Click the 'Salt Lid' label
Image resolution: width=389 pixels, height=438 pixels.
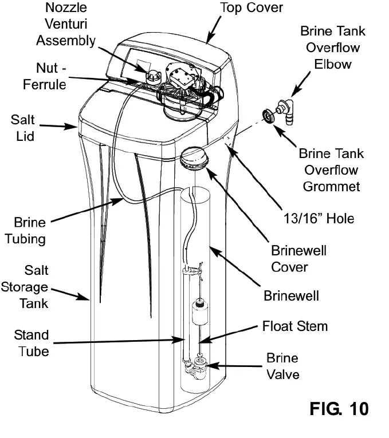(x=23, y=128)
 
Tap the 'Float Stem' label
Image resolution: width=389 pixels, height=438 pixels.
(x=295, y=326)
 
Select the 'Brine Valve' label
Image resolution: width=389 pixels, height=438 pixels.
(x=282, y=366)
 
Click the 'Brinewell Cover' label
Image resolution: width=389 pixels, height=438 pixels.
(x=298, y=259)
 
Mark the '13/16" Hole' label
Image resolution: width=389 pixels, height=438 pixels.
(x=320, y=218)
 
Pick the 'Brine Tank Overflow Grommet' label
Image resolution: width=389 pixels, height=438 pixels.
(x=331, y=170)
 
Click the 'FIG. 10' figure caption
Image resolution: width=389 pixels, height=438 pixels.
(x=339, y=409)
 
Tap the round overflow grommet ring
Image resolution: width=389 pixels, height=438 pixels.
(x=267, y=115)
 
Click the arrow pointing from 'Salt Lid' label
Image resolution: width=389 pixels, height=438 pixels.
(x=60, y=125)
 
